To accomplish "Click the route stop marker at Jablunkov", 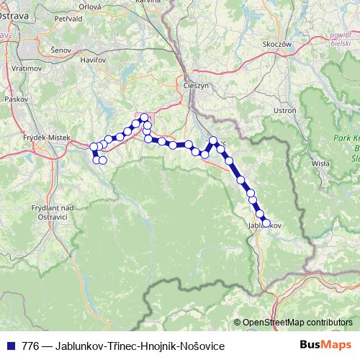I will click(266, 222).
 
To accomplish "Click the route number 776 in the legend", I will click(30, 346).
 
